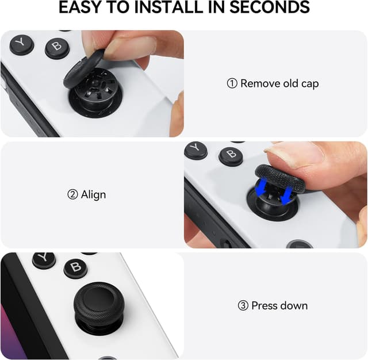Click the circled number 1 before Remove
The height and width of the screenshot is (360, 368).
point(232,83)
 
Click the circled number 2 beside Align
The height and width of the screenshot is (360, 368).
point(72,195)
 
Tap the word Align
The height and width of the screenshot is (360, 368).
point(94,195)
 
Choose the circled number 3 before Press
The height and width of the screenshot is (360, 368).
point(243,305)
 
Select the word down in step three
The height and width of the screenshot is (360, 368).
point(294,305)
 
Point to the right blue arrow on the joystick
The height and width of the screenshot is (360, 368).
point(286,193)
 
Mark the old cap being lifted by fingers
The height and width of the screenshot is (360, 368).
point(85,70)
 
